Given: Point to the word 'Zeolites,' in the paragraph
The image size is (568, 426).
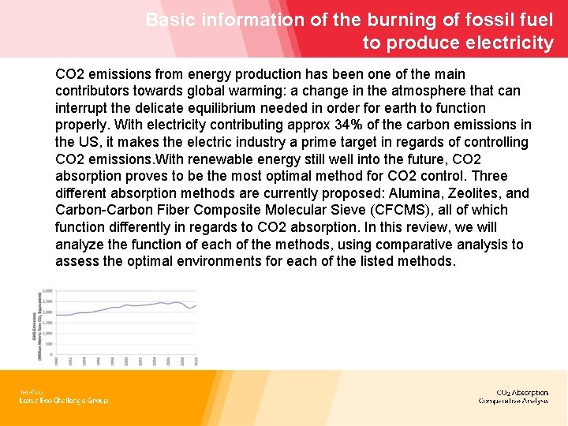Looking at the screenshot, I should (476, 193).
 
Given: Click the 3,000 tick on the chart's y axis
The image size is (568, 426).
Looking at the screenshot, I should (48, 291).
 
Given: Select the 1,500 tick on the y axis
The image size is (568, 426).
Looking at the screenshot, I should (48, 323).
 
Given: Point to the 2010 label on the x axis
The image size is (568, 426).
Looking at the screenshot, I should (196, 361).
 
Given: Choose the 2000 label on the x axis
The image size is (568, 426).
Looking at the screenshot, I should (126, 361).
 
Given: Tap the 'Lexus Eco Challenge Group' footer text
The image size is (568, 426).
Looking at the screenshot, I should (64, 401).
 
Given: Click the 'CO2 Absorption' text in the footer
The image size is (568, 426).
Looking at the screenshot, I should (522, 392).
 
